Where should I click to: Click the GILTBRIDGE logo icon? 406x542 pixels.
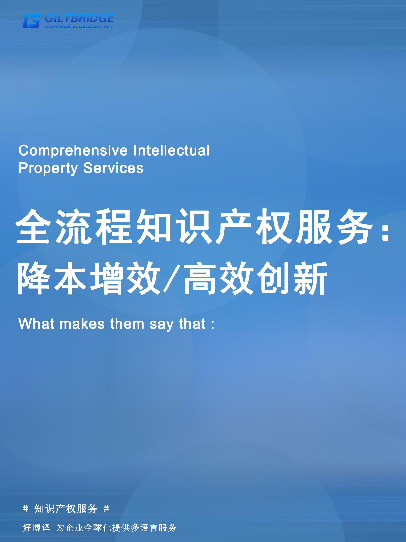tap(32, 21)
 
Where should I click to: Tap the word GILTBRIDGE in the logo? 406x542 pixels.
tap(79, 18)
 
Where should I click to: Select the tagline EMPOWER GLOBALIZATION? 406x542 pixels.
tap(79, 27)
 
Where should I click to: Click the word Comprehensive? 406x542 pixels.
tap(73, 150)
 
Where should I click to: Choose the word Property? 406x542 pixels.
tap(48, 168)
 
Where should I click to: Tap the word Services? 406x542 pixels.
tap(113, 168)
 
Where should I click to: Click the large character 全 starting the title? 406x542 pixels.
tap(33, 226)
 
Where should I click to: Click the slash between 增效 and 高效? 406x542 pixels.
tap(172, 278)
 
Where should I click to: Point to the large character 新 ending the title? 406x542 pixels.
tap(310, 278)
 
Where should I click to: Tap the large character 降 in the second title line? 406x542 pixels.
tap(34, 278)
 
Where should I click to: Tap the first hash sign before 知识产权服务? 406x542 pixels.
tap(25, 509)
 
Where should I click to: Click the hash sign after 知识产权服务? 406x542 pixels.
tap(106, 509)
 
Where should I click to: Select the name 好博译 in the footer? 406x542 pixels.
tap(36, 527)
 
